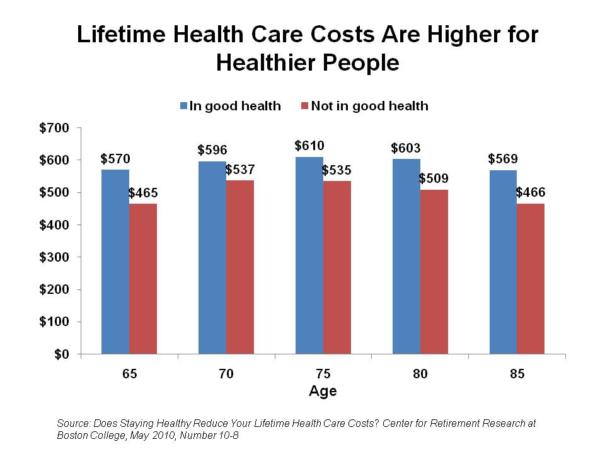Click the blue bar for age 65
(x=115, y=262)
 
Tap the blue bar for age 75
(x=309, y=255)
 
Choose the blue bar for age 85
(x=503, y=262)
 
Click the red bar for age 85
(x=531, y=279)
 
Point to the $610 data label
(x=309, y=146)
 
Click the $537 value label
(x=241, y=170)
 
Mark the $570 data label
(x=115, y=159)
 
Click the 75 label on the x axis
(x=323, y=374)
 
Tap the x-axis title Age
(x=323, y=391)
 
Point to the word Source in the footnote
(x=72, y=423)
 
